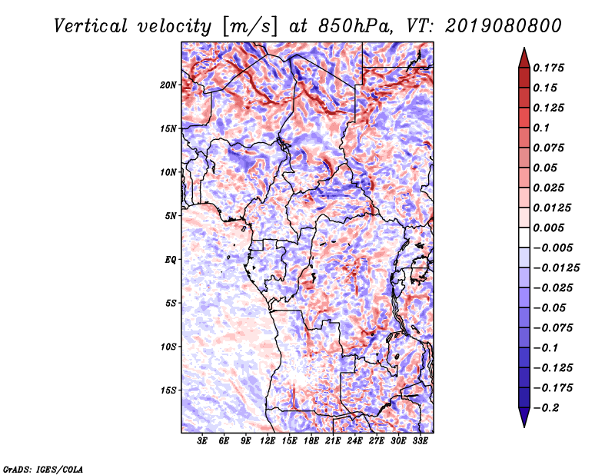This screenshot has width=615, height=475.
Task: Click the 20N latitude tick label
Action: pos(168,85)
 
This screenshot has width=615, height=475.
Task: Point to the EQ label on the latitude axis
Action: pos(170,260)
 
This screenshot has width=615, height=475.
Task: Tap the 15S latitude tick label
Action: pos(168,390)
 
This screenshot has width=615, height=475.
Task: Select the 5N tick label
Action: pos(170,216)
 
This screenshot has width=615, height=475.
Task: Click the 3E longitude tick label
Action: pos(202,440)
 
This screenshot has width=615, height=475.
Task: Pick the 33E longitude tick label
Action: pos(420,440)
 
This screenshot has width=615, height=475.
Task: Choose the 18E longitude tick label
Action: pos(311,440)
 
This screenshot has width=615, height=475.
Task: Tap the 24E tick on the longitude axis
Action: pos(354,440)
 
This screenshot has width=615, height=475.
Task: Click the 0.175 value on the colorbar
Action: pos(548,68)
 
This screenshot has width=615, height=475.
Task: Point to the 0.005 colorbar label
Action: pos(548,228)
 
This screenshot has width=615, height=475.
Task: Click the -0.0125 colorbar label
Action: pos(556,268)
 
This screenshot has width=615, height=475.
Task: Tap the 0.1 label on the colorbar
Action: pos(541,128)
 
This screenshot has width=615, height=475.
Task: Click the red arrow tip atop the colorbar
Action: pos(524,48)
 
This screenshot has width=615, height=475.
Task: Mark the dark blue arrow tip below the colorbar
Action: pos(524,426)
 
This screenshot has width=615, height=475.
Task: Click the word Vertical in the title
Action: pos(91,26)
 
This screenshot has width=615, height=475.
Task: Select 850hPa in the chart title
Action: pos(355,26)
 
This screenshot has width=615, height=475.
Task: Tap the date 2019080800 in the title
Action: pos(504,26)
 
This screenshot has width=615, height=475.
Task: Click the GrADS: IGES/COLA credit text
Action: pos(43,470)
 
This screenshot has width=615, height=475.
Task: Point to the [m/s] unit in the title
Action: pos(250,26)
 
